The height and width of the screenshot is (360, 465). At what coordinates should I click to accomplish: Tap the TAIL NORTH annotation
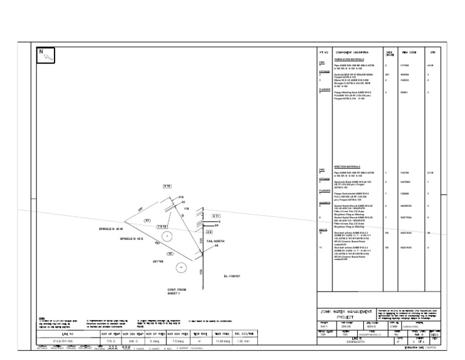216,241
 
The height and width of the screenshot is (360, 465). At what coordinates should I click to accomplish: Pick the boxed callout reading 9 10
167,185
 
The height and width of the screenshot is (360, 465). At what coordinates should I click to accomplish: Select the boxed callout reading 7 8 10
162,225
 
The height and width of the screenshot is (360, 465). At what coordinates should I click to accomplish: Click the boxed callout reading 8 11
216,216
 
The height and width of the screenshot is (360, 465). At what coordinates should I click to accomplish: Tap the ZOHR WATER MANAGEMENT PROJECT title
346,314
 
